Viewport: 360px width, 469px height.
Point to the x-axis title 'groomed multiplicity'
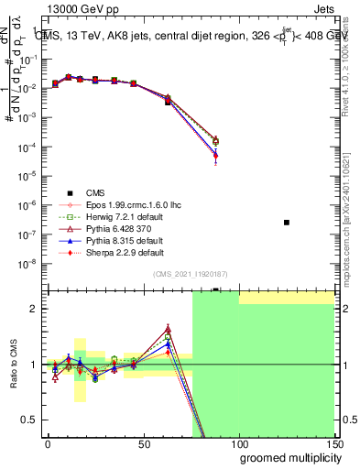pos(288,457)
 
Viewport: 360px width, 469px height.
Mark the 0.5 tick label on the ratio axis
pos(31,420)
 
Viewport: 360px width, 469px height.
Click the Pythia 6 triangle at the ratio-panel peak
pos(168,328)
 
